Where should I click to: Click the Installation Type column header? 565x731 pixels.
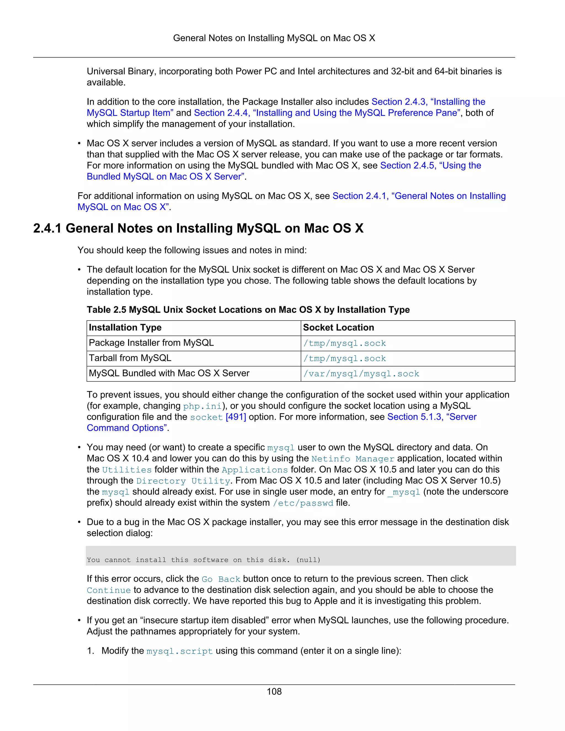(x=125, y=327)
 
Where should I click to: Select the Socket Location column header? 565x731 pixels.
(x=339, y=327)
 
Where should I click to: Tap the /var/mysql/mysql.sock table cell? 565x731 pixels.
(x=361, y=373)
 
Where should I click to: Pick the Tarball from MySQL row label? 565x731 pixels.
(x=130, y=358)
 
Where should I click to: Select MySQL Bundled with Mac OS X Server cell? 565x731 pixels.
(x=169, y=373)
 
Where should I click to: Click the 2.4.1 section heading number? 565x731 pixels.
(x=47, y=228)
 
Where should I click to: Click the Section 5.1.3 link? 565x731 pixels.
(x=431, y=417)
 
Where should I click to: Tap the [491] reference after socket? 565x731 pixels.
(x=236, y=417)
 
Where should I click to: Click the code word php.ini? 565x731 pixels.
(x=202, y=406)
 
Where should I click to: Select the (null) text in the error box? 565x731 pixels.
(x=308, y=560)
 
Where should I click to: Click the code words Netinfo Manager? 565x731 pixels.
(x=353, y=459)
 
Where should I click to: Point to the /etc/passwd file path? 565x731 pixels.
(x=303, y=503)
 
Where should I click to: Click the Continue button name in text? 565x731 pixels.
(x=109, y=590)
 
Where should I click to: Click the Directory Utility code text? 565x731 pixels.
(x=183, y=481)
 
